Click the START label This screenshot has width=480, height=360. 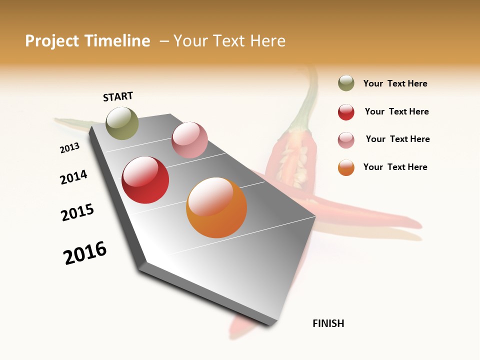118,96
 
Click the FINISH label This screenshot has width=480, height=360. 328,323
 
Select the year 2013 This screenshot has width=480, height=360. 69,148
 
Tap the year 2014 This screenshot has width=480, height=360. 73,177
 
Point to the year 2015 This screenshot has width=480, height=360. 77,212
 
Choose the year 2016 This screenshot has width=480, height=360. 85,253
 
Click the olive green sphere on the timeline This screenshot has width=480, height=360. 122,123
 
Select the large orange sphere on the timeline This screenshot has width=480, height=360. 216,207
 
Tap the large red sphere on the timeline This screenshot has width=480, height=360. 145,180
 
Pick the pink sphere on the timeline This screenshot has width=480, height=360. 189,140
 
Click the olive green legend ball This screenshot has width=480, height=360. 346,83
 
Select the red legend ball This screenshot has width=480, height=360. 346,112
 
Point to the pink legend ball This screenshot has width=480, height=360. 346,140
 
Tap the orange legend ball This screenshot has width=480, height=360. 346,168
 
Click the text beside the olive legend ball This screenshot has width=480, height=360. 395,84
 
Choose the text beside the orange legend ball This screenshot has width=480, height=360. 395,167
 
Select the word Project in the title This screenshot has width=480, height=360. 53,41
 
